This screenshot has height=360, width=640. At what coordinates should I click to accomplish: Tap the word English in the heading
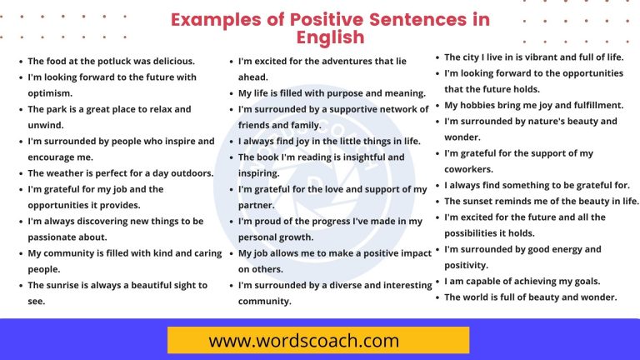pos(331,37)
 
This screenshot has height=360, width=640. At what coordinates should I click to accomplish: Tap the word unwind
pos(45,125)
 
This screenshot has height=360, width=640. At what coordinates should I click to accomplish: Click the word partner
pos(256,205)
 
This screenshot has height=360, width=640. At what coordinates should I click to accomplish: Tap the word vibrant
pos(533,57)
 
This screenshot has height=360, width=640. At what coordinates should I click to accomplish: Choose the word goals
pos(596,281)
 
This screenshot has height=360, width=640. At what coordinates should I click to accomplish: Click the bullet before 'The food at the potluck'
pos(20,62)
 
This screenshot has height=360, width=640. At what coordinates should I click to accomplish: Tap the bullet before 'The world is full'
pos(437,297)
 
